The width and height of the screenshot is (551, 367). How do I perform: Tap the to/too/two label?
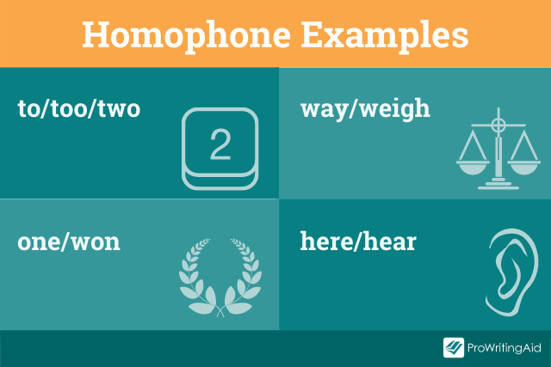coord(78,109)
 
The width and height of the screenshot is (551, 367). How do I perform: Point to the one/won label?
coord(69,242)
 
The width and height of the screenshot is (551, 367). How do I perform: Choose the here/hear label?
coord(358,242)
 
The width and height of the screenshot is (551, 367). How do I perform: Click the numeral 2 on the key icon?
coord(220,146)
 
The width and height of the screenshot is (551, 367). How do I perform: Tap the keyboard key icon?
coord(220,149)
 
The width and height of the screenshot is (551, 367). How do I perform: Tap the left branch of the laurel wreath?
coord(192,275)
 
